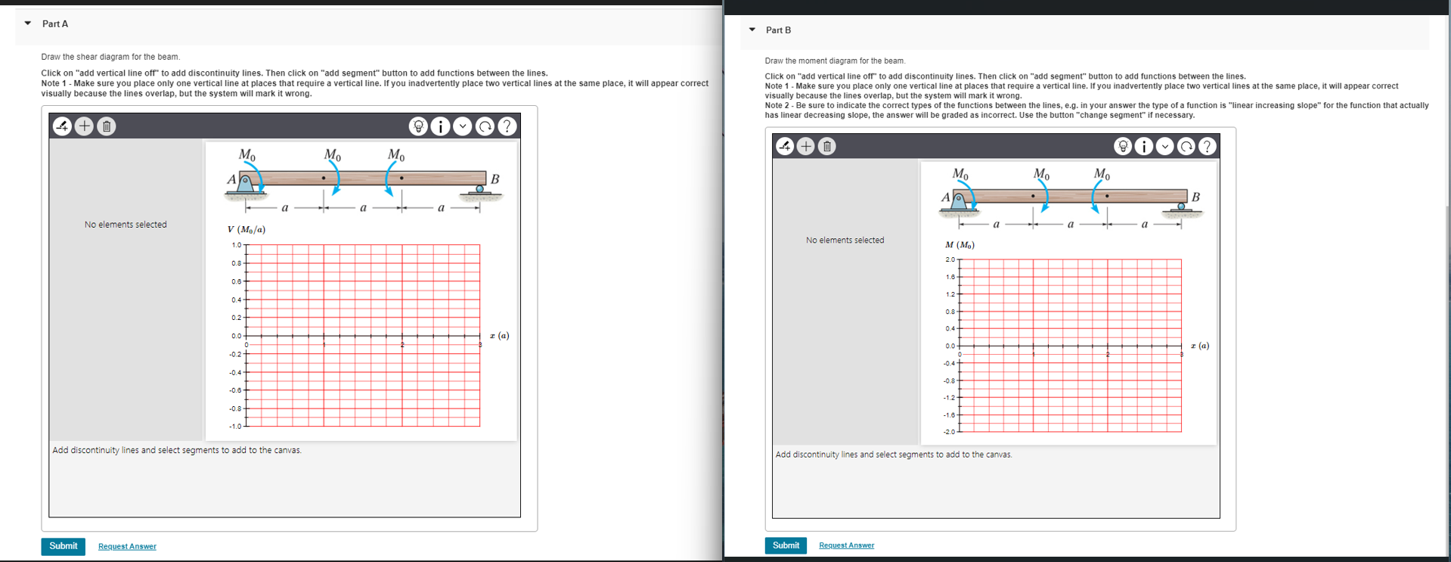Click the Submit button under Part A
click(x=63, y=546)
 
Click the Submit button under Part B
click(x=785, y=545)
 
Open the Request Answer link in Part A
click(x=127, y=546)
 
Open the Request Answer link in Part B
click(x=846, y=545)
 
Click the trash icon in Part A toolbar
click(x=107, y=126)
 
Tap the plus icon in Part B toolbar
click(x=806, y=146)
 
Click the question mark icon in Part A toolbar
click(x=507, y=126)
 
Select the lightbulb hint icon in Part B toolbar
click(x=1123, y=146)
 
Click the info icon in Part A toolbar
click(x=440, y=126)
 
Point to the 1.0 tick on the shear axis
click(x=237, y=245)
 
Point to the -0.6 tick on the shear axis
click(x=236, y=390)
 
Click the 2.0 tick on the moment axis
click(x=950, y=259)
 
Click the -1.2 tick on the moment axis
click(x=950, y=397)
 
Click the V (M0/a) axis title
click(x=246, y=229)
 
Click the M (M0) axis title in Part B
click(x=960, y=245)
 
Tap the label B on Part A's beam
click(x=495, y=179)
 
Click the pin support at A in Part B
click(x=959, y=201)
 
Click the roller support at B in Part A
click(x=480, y=190)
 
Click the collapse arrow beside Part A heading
click(x=28, y=23)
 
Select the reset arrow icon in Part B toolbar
click(x=1186, y=146)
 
